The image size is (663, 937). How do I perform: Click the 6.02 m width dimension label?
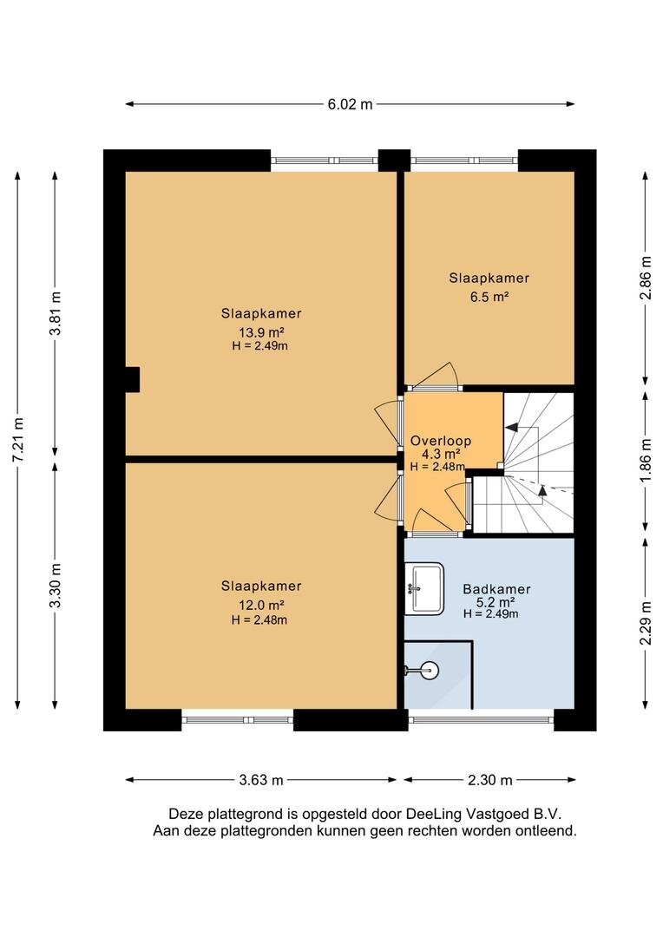coord(350,105)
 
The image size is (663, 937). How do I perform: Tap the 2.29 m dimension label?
coord(646,623)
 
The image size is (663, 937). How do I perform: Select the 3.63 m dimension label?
coord(261,780)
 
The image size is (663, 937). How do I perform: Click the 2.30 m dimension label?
coord(489,780)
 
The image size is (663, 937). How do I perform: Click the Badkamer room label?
coord(496,589)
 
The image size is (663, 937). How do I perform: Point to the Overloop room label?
coord(441,441)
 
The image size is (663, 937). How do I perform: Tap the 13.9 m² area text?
coord(261,332)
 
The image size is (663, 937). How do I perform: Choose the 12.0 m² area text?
coord(261,606)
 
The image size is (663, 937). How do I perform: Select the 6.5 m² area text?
coord(489,297)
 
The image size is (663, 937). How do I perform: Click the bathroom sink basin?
coord(424,588)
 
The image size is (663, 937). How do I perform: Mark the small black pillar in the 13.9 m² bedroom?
coord(132,379)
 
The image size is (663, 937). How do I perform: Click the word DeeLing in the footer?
coord(435,814)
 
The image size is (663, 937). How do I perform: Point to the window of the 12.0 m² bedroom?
coord(237,720)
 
